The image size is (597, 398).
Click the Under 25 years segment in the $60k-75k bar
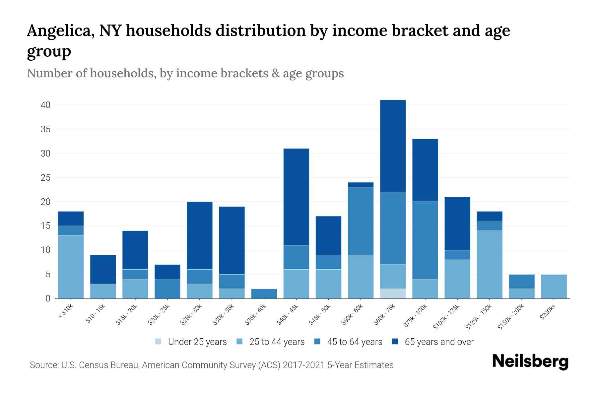(393, 294)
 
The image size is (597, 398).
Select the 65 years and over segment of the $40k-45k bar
(296, 197)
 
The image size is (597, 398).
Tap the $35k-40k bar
(264, 294)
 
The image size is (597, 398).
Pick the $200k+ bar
(554, 286)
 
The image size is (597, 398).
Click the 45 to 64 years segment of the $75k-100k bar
(425, 240)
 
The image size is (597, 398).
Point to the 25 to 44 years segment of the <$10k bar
(71, 267)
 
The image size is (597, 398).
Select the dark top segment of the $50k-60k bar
(361, 185)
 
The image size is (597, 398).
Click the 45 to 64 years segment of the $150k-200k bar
(521, 282)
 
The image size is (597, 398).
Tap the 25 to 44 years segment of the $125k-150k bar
(489, 264)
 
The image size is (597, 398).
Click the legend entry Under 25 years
(197, 342)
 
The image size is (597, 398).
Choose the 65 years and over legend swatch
(395, 342)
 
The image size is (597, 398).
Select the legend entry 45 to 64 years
(354, 342)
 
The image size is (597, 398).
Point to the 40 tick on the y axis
(45, 105)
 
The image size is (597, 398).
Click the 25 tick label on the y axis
(45, 178)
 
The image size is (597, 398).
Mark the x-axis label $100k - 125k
(446, 317)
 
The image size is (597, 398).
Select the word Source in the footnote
(43, 365)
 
